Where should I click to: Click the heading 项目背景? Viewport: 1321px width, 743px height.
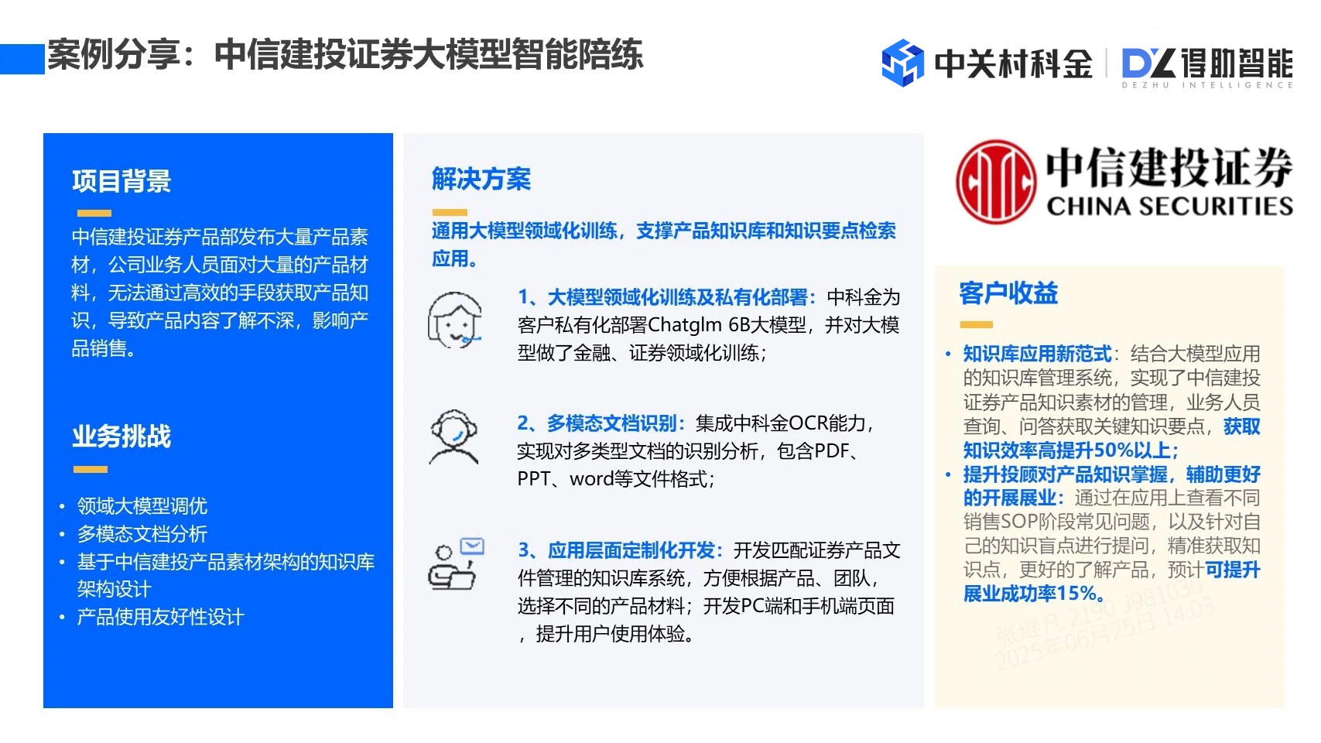tap(121, 181)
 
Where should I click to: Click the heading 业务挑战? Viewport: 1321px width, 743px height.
tap(121, 437)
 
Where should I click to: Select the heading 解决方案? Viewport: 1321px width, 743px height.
tap(481, 179)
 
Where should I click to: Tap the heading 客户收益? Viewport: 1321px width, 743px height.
tap(1008, 293)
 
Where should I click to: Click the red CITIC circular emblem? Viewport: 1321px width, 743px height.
tap(995, 182)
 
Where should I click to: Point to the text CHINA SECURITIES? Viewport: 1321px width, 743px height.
tap(1169, 206)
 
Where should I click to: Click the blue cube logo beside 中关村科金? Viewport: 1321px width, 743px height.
tap(902, 63)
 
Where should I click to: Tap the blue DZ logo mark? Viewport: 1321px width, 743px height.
tap(1148, 63)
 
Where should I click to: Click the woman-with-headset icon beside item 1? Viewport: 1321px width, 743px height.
tap(455, 320)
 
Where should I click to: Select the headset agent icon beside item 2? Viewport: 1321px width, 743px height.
tap(454, 437)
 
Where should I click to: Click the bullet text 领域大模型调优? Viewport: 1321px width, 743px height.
tap(142, 506)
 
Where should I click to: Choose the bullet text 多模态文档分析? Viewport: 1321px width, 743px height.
tap(142, 534)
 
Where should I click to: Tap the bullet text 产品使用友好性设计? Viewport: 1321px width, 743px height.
tap(160, 617)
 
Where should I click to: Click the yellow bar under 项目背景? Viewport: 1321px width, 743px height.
tap(94, 213)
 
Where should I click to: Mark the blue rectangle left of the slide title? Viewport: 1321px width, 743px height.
tap(22, 59)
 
